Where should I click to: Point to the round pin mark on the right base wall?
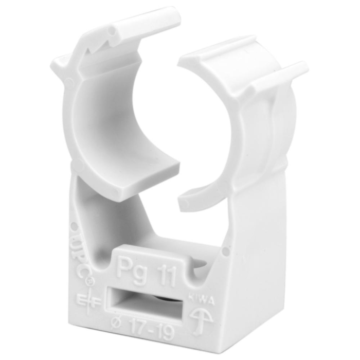tap(225, 251)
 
